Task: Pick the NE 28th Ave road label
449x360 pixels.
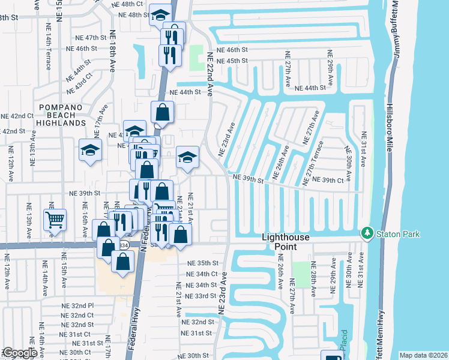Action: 313,284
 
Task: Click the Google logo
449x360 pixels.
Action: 19,353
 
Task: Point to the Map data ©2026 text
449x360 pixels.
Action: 424,355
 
